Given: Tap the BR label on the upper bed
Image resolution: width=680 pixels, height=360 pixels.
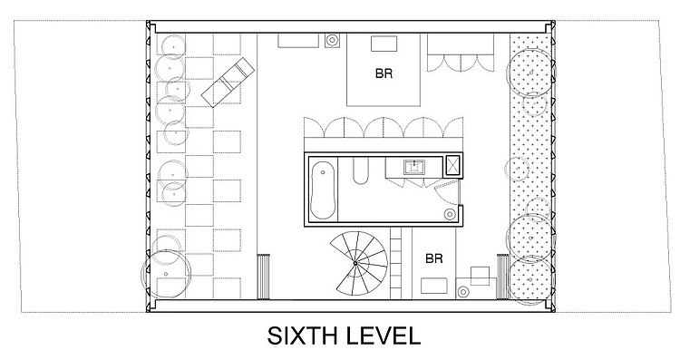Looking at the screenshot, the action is [384, 73].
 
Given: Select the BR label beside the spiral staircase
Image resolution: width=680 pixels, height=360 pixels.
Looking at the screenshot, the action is [434, 258].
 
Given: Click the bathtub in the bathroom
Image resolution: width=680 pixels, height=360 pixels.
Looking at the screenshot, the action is [324, 190].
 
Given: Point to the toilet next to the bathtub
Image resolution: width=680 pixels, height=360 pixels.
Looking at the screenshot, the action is [361, 170].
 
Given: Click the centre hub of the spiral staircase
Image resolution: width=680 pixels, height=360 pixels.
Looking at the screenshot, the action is [355, 263].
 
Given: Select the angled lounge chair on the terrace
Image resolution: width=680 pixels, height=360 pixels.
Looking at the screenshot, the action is [228, 83].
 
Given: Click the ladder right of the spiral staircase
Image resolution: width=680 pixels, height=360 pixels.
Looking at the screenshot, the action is [396, 263].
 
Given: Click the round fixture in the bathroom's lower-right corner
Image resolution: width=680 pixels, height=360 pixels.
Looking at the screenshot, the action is [450, 214].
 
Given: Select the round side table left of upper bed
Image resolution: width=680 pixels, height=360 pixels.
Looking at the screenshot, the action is [332, 40].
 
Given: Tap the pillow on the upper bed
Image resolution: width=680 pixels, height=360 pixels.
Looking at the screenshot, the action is [384, 44].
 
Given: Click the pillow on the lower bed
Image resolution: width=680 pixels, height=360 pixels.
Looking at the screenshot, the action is [434, 286].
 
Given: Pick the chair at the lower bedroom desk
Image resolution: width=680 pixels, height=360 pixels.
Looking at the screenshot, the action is [480, 276].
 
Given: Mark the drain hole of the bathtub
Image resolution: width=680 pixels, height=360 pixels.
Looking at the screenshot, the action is [323, 172].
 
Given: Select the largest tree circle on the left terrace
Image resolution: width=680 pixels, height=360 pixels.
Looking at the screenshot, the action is [166, 274].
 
